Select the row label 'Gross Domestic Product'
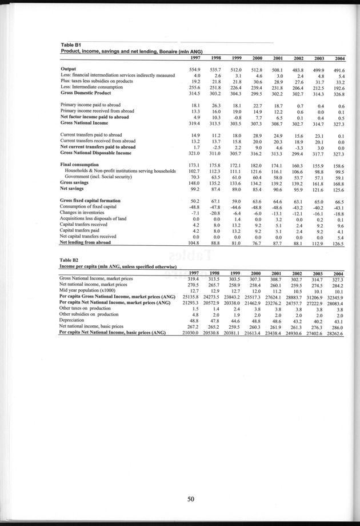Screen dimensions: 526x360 [87, 93]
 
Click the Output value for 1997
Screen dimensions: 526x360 [194, 69]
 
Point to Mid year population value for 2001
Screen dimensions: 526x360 [278, 290]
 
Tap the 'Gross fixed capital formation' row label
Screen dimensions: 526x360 [90, 201]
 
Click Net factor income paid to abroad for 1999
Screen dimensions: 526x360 [237, 117]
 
